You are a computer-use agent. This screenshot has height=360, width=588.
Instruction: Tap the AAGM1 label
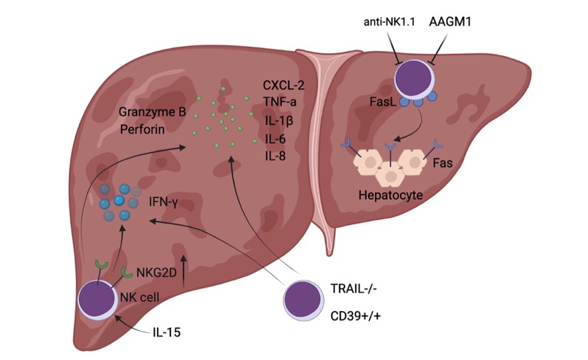point(450,22)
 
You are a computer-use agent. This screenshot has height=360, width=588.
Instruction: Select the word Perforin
point(142,130)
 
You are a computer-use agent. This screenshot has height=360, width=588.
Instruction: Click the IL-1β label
point(279,121)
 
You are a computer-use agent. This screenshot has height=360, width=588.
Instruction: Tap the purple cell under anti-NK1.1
point(415,79)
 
